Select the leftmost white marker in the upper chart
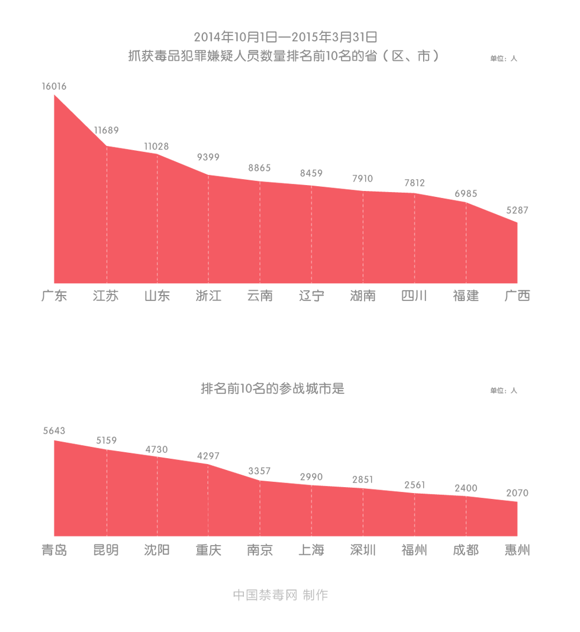107,141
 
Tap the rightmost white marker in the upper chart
415,190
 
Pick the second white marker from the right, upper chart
363,187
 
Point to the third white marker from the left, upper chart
260,177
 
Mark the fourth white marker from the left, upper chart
312,182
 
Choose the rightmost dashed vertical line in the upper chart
466,242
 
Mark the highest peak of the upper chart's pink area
54,94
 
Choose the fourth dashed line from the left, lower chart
260,508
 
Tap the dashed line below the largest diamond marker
208,231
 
